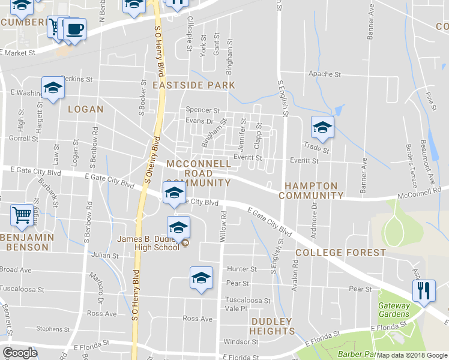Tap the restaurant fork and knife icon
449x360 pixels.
point(424,291)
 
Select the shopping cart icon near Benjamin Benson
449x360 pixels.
point(22,215)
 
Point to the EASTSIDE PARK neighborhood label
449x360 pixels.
point(193,85)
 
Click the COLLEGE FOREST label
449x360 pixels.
point(340,253)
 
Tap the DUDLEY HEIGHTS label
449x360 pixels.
point(272,326)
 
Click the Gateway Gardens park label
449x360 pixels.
point(394,310)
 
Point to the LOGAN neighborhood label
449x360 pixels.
point(85,109)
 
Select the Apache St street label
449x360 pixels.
point(324,74)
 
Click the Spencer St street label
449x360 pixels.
point(203,110)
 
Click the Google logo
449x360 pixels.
point(20,353)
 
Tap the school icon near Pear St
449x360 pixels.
point(202,277)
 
